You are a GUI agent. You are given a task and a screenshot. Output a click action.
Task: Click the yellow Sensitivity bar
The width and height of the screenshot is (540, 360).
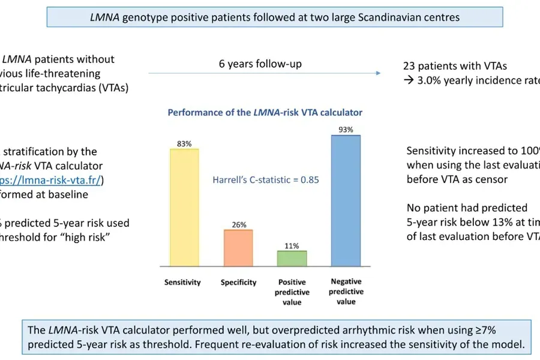coord(184,207)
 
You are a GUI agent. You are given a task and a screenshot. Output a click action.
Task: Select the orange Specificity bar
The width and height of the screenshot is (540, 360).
coord(238,248)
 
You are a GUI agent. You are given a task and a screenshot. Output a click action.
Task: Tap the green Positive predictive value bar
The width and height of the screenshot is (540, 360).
coord(292,258)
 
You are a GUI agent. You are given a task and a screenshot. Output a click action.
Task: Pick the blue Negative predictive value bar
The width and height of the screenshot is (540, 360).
coord(346,200)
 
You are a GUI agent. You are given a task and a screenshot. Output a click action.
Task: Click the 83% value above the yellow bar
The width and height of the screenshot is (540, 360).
coord(184,143)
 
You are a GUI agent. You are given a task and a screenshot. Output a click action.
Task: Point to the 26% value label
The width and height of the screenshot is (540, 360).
coord(238,224)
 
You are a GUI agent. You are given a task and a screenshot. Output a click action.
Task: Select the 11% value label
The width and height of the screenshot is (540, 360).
coord(292,245)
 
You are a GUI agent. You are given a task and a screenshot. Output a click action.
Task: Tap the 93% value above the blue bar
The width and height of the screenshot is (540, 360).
coord(346,130)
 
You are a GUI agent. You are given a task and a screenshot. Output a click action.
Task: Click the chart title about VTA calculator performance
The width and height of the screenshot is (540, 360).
coord(265,112)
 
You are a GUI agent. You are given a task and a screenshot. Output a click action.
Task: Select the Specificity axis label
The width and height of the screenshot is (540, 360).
coord(238,282)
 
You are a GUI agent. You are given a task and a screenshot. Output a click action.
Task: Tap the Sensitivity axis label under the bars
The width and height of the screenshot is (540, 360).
coord(183,282)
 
